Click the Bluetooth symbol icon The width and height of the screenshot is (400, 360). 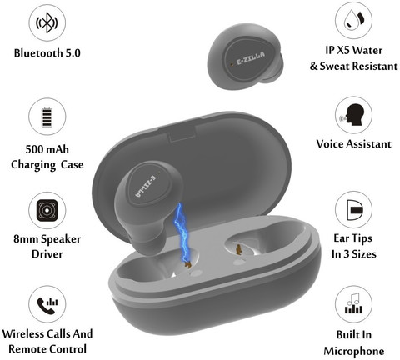47,22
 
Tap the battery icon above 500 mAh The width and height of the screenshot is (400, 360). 47,117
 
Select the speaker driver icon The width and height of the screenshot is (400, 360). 47,210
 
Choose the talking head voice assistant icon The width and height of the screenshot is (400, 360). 353,114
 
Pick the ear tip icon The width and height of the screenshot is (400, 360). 355,210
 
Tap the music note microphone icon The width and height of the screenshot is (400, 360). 353,303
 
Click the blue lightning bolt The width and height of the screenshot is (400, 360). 182,233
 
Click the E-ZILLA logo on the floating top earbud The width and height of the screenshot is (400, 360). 251,58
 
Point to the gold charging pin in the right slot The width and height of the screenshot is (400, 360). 238,249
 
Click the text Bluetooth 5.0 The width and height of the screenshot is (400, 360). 47,53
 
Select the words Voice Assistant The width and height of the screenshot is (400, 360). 353,144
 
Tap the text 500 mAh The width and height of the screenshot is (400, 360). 47,149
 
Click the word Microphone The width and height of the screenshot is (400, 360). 354,352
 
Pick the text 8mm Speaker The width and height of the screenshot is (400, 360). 47,239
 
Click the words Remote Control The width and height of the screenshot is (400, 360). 47,349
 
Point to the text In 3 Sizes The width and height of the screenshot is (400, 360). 354,254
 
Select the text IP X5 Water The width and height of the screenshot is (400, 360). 354,51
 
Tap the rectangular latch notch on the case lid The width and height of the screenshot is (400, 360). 182,133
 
